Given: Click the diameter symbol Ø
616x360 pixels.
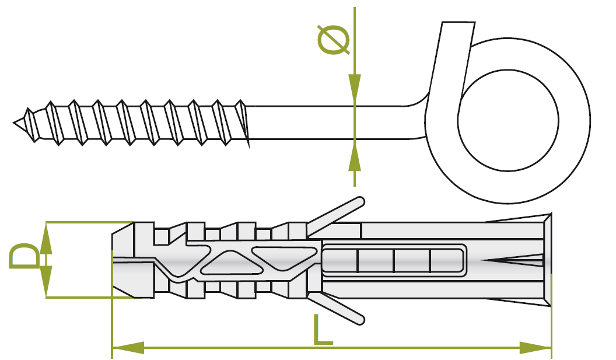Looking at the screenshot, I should (334, 40).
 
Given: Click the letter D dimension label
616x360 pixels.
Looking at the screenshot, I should (24, 257).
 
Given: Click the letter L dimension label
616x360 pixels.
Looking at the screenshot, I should (322, 330).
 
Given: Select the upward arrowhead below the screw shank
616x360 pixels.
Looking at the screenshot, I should (354, 157).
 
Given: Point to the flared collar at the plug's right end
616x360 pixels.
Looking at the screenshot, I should (547, 260).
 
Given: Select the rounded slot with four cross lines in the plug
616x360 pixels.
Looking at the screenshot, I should (394, 260).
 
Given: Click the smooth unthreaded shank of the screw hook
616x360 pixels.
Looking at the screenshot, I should (327, 122).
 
